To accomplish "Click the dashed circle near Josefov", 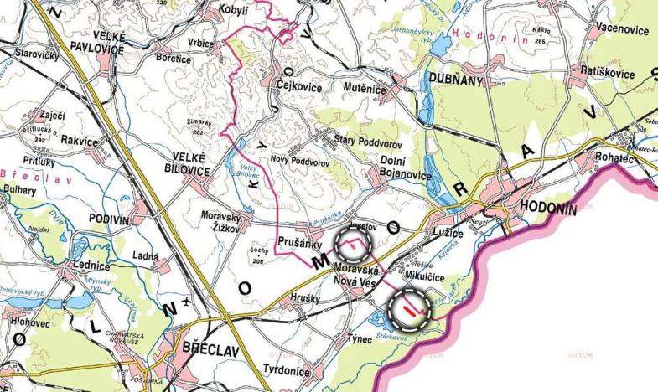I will tap(353, 244).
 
